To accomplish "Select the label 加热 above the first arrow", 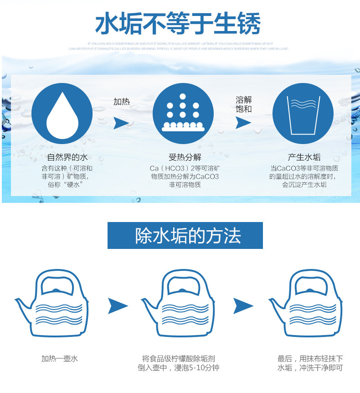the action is (121, 102).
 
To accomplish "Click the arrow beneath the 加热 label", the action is (121, 123).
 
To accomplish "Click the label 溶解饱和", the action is (244, 104).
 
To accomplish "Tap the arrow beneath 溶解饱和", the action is (243, 123).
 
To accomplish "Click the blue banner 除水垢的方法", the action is (185, 235).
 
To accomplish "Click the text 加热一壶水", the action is (60, 358).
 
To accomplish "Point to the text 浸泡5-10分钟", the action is (197, 367).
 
